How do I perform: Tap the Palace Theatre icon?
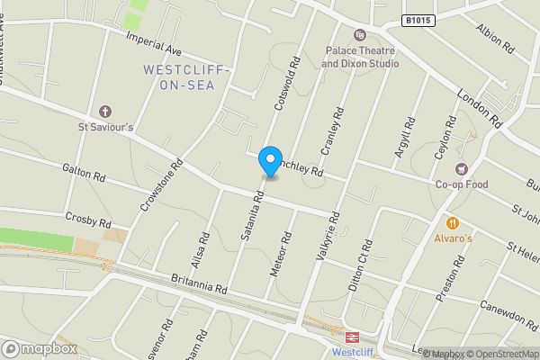[360, 35]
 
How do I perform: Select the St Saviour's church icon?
[104, 112]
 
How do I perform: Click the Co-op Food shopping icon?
[462, 169]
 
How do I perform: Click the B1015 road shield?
[417, 21]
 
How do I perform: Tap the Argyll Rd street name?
[404, 139]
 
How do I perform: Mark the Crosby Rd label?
[88, 220]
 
